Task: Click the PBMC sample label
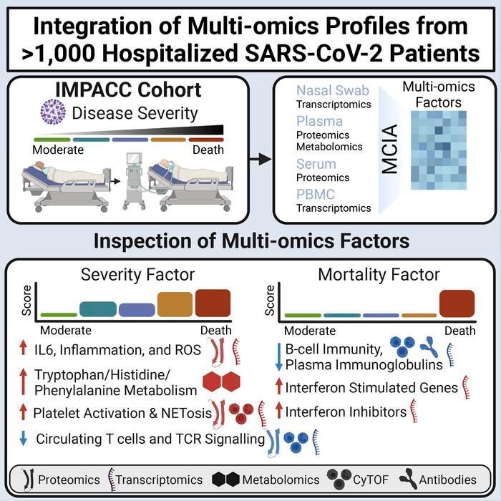[x=316, y=194]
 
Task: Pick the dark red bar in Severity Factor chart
[x=213, y=303]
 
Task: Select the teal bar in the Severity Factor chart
[x=97, y=308]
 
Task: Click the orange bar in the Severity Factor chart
[x=175, y=305]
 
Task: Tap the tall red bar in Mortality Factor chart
[x=457, y=303]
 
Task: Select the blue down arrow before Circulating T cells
[x=24, y=439]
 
